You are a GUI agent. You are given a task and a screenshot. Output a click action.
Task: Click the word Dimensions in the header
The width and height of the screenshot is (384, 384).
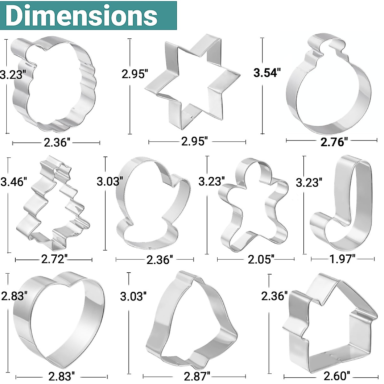(x=82, y=15)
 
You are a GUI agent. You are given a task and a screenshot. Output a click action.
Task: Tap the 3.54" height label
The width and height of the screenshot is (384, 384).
(x=267, y=72)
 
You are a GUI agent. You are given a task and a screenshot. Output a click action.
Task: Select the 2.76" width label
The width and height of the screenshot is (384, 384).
(x=334, y=142)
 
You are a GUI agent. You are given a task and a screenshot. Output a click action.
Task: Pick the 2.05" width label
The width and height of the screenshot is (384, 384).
(x=261, y=259)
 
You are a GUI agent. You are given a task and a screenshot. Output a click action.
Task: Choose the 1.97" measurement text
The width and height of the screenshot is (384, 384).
(x=342, y=259)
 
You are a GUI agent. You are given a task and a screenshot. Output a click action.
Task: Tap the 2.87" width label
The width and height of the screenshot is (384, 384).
(x=197, y=376)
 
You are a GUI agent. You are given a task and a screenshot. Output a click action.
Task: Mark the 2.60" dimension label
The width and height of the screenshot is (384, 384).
(x=337, y=376)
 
